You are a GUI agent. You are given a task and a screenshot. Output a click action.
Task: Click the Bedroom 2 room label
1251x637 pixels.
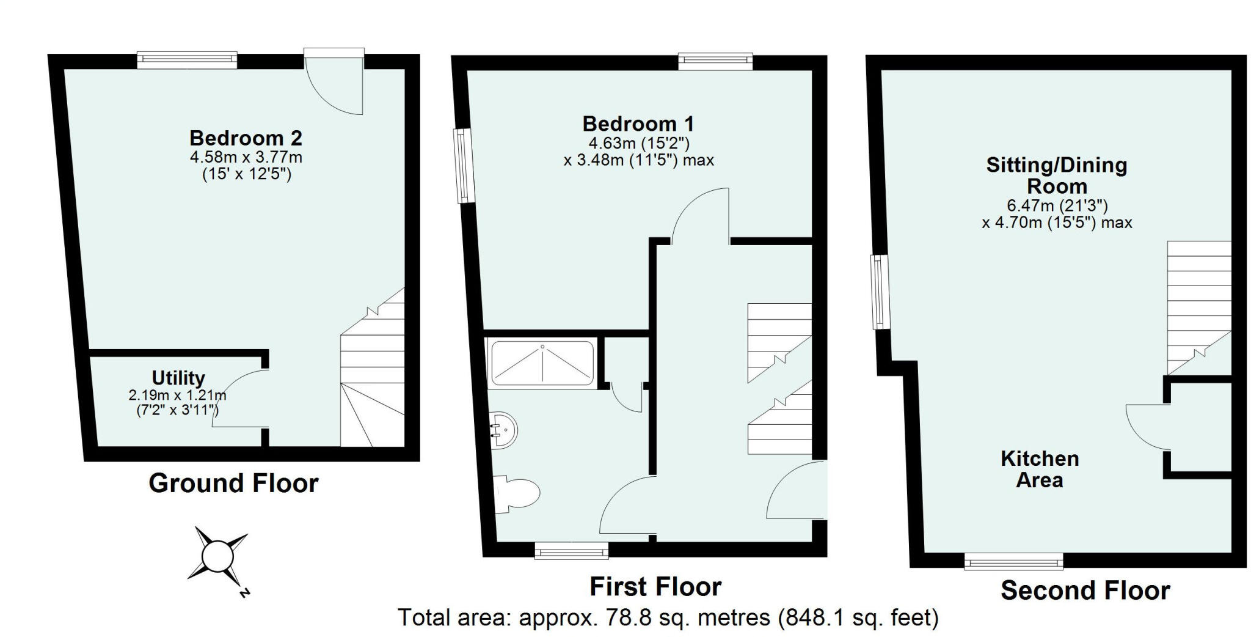coord(246,138)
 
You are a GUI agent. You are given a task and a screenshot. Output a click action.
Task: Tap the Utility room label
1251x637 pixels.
coord(178,378)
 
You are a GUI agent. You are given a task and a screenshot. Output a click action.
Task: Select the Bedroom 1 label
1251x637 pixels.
coord(638,124)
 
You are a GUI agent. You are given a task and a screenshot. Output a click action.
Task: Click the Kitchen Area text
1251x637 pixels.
coord(1040,469)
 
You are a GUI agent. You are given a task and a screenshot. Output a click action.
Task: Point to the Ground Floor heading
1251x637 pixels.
coord(233,484)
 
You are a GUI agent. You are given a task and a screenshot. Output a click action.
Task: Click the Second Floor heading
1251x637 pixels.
coord(1085,591)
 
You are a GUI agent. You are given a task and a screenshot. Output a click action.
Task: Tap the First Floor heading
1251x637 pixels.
coord(655,587)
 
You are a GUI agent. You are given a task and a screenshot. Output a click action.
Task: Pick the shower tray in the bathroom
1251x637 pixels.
coord(542,364)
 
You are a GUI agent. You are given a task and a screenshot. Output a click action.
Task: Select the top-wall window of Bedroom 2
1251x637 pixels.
coord(187,60)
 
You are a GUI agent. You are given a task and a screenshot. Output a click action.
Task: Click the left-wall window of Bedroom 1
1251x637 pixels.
coord(465,165)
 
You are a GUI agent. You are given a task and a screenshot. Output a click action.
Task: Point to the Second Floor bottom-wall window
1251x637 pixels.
coord(1013,561)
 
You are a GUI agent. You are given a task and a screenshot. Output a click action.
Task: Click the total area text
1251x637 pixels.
coord(668,618)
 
